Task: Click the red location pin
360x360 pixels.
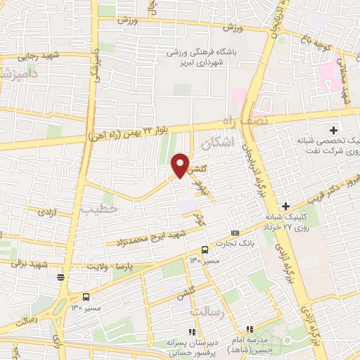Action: point(181,165)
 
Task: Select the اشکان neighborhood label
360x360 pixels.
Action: point(214,143)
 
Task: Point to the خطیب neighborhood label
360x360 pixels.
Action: point(96,209)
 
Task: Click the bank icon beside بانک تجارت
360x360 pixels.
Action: point(235,233)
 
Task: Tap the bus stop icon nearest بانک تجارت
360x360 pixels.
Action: point(205,250)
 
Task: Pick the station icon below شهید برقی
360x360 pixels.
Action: point(61,276)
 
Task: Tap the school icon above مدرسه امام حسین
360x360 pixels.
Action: point(248,328)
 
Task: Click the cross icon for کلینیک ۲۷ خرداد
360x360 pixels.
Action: point(285,205)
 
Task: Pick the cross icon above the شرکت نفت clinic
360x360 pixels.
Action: point(334,130)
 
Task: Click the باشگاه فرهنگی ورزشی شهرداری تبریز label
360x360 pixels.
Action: point(204,56)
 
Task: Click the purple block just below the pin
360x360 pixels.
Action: point(187,207)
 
